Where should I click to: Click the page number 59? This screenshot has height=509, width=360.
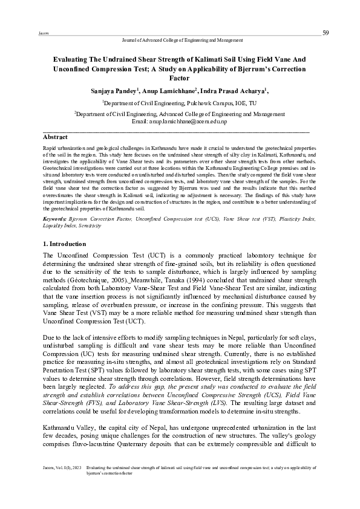pyautogui.click(x=326, y=32)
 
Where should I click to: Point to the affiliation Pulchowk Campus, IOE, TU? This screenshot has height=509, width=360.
pyautogui.click(x=230, y=103)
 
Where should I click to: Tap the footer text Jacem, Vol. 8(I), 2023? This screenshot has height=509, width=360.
pyautogui.click(x=59, y=485)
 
